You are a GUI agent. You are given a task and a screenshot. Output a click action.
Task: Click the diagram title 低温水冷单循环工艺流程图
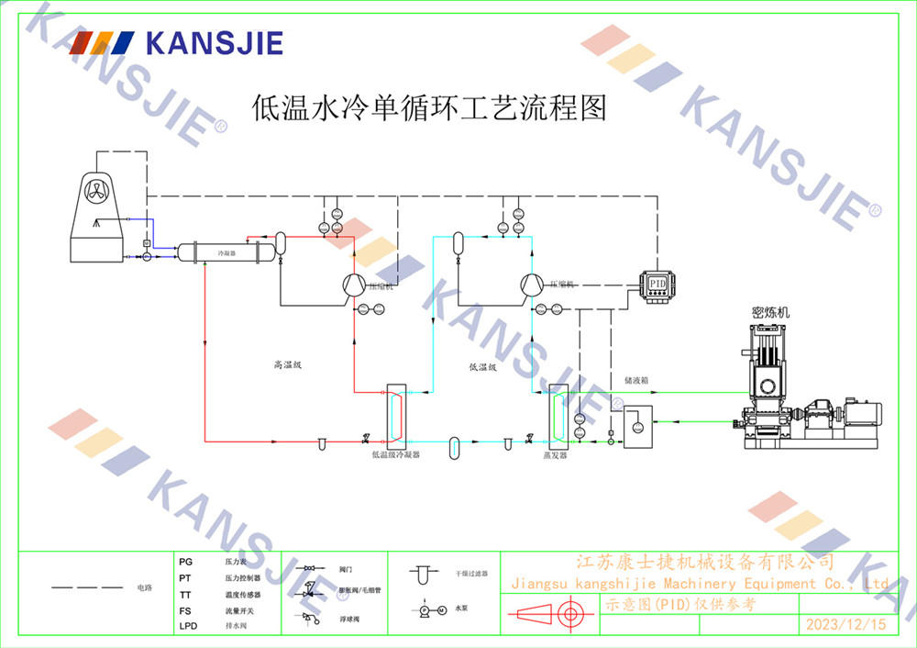click(x=429, y=108)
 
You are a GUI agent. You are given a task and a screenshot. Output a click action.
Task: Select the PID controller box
click(x=657, y=284)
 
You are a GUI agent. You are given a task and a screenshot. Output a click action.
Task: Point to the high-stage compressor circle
click(x=353, y=285)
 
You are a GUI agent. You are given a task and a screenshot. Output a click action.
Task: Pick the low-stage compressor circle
click(x=533, y=285)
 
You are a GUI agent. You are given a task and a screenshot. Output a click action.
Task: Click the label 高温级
click(x=287, y=364)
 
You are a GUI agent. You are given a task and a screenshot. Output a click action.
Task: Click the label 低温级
click(x=482, y=367)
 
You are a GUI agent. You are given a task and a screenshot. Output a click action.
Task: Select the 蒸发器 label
click(x=556, y=454)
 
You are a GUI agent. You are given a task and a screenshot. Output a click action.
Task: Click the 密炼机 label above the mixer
click(x=770, y=312)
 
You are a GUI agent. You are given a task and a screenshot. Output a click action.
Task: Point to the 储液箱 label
click(x=636, y=378)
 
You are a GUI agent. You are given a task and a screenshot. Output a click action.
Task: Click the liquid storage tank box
click(x=637, y=424)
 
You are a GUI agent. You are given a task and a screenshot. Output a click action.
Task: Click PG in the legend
click(x=186, y=560)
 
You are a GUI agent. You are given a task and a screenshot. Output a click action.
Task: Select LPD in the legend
click(x=188, y=626)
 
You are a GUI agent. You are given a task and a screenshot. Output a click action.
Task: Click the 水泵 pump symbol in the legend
click(x=430, y=609)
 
